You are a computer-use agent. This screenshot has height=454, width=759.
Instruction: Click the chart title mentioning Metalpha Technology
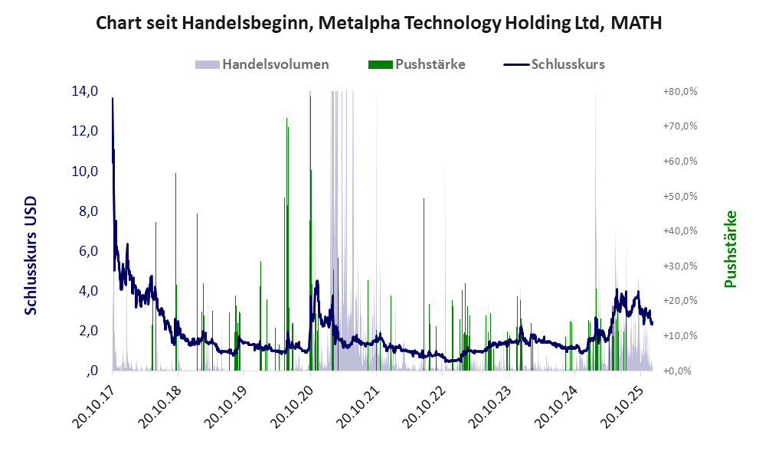pyautogui.click(x=379, y=24)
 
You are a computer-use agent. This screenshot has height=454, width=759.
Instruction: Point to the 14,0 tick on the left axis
pyautogui.click(x=84, y=91)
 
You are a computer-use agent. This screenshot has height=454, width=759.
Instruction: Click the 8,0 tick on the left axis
pyautogui.click(x=84, y=211)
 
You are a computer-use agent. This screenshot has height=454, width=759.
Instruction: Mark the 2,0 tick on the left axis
pyautogui.click(x=84, y=331)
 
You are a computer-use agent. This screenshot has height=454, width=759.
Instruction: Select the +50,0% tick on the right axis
pyautogui.click(x=679, y=196)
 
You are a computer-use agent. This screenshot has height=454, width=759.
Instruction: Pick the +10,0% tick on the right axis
pyautogui.click(x=679, y=336)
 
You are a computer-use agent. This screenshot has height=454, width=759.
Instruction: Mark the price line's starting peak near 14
pyautogui.click(x=113, y=99)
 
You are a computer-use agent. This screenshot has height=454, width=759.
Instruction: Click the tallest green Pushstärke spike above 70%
pyautogui.click(x=286, y=119)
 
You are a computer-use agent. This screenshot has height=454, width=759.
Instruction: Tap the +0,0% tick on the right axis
pyautogui.click(x=679, y=371)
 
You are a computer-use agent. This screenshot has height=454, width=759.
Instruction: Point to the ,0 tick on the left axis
pyautogui.click(x=92, y=371)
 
